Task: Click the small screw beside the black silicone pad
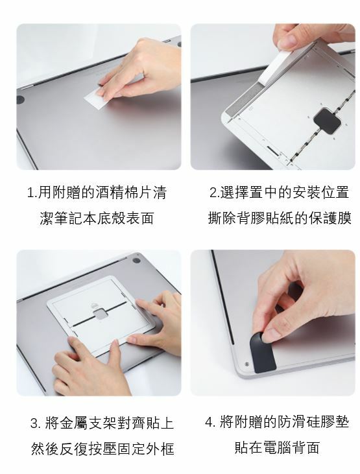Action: tap(246, 364)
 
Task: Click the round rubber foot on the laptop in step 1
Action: tap(20, 100)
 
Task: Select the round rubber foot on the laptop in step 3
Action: tap(136, 260)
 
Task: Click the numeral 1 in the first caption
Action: tap(30, 193)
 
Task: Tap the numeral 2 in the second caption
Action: tap(213, 193)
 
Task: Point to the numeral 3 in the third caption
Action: tap(34, 423)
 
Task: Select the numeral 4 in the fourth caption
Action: tap(209, 422)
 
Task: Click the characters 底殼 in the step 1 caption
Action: tap(112, 218)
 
